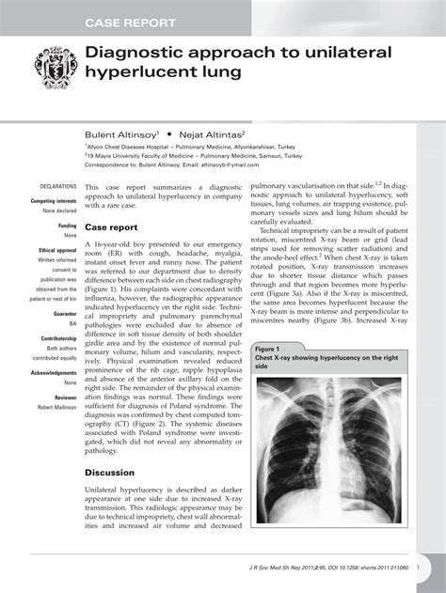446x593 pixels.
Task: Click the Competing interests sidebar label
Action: click(54, 201)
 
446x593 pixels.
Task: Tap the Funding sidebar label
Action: click(68, 226)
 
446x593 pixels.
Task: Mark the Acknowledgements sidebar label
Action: click(54, 372)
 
